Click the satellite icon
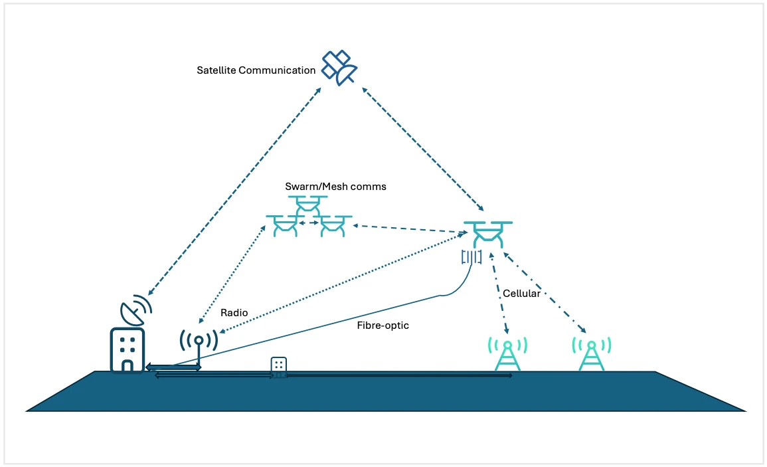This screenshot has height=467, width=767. pyautogui.click(x=339, y=67)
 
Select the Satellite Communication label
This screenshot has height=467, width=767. pyautogui.click(x=256, y=70)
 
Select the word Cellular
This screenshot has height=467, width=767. pyautogui.click(x=521, y=293)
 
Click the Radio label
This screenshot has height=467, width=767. pyautogui.click(x=234, y=312)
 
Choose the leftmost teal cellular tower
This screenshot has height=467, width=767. pyautogui.click(x=508, y=353)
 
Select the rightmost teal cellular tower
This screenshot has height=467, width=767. pyautogui.click(x=591, y=353)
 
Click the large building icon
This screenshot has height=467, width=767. pyautogui.click(x=128, y=349)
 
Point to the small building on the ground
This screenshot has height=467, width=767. pyautogui.click(x=279, y=366)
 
